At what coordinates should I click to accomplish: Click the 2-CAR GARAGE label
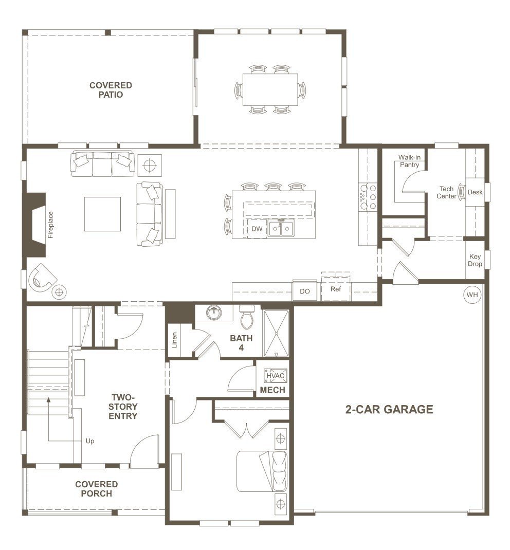point(389,410)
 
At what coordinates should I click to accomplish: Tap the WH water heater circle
point(471,295)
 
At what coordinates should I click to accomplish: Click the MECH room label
point(272,391)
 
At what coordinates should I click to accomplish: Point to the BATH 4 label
point(241,343)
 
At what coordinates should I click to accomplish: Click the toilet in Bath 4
point(247,317)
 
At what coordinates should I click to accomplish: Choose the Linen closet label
point(175,340)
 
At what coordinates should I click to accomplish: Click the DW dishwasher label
point(257,229)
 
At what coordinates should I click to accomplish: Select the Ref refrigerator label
point(336,289)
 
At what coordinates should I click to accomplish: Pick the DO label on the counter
point(305,291)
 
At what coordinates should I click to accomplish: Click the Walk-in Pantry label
point(409,161)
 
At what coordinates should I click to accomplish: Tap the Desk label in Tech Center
point(475,192)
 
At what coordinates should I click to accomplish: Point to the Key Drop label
point(475,261)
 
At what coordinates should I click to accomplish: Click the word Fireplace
point(51,225)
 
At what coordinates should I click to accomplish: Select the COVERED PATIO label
point(111,90)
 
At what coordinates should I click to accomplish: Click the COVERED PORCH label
point(96,489)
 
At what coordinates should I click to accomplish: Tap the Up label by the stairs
point(90,441)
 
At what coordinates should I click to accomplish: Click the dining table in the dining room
point(270,89)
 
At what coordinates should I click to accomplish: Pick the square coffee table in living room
point(103,214)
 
